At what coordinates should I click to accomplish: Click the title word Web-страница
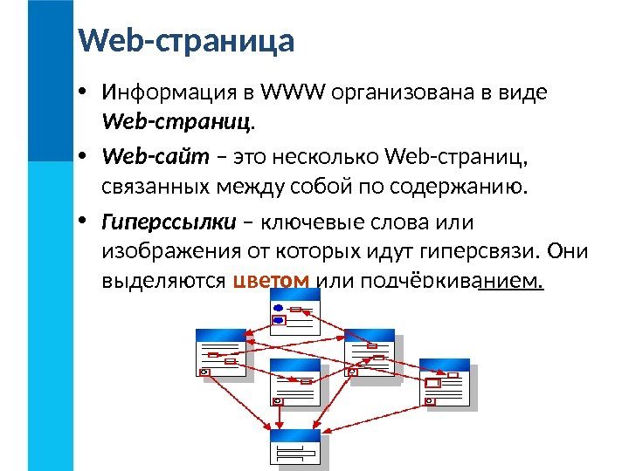(x=186, y=41)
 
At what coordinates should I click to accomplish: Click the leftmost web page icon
(x=220, y=352)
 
